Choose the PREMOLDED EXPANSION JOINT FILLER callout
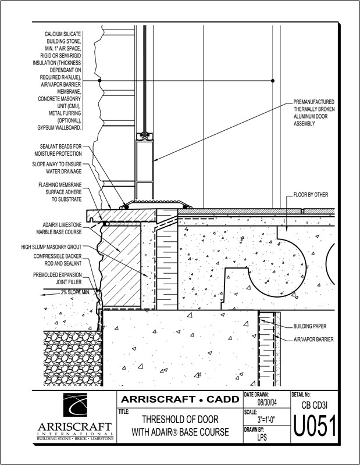tap(57, 278)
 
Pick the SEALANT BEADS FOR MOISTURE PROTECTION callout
tap(57, 151)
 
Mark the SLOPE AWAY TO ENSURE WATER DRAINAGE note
tap(57, 168)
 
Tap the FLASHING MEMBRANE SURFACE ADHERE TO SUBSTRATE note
tap(57, 192)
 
